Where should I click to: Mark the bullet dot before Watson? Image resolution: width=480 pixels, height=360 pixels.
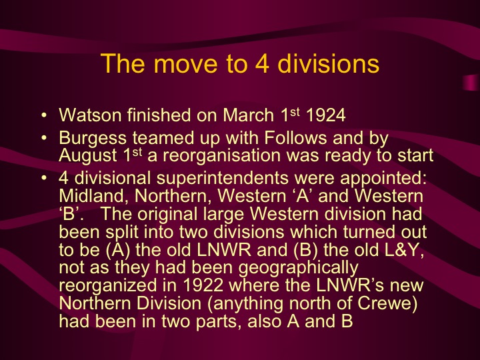pos(43,116)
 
